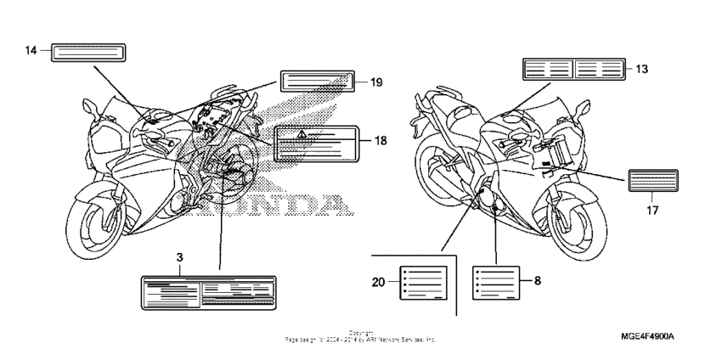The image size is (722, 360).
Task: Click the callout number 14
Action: [31, 52]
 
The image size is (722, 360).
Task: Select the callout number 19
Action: [376, 82]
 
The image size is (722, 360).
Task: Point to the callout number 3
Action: [179, 256]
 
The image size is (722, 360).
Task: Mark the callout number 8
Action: [537, 278]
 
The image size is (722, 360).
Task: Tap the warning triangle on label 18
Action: [302, 135]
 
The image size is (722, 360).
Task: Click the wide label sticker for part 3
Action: [208, 292]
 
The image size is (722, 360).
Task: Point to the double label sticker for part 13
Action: [573, 69]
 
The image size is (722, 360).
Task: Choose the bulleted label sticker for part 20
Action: [422, 280]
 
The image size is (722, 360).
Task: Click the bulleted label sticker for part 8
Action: [495, 280]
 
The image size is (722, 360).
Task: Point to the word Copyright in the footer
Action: [361, 334]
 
